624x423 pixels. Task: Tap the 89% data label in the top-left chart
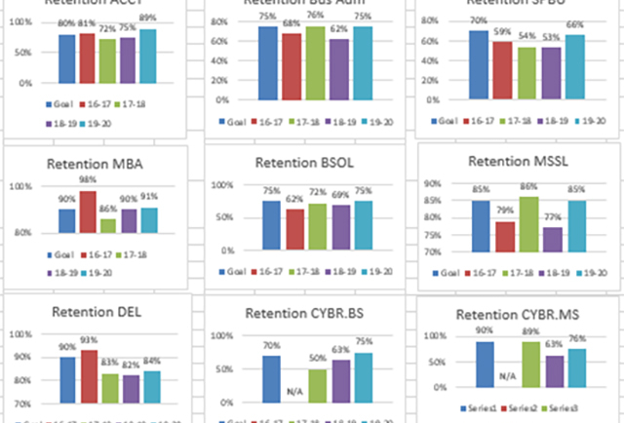point(147,19)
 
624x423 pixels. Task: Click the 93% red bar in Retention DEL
point(88,376)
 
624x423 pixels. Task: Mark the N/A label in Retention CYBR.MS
point(506,373)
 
